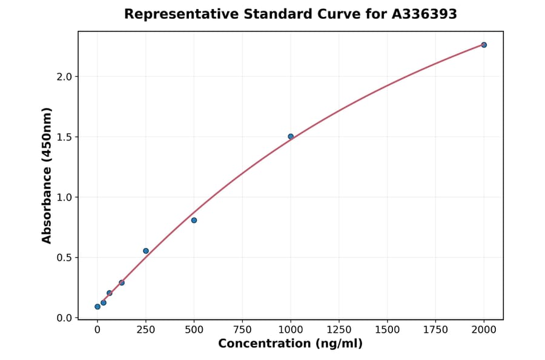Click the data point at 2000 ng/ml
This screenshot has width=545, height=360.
click(x=484, y=45)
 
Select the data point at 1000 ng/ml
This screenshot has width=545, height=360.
click(x=291, y=136)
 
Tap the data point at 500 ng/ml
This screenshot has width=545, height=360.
click(x=194, y=220)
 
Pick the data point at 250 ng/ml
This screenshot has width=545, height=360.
click(x=146, y=251)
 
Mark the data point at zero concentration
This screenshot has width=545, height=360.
click(x=97, y=307)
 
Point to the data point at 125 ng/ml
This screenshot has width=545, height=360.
click(x=122, y=282)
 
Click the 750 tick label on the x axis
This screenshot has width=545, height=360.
click(x=242, y=330)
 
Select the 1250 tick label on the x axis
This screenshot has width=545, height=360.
click(x=339, y=330)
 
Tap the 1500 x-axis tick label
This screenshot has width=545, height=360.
click(x=388, y=330)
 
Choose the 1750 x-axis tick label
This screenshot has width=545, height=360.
click(x=435, y=330)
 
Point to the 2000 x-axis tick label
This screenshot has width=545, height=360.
click(x=484, y=330)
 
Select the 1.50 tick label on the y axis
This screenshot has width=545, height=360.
click(x=63, y=137)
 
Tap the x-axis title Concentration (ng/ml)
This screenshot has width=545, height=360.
click(x=290, y=344)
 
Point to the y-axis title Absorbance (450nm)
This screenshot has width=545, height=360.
click(x=47, y=175)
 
